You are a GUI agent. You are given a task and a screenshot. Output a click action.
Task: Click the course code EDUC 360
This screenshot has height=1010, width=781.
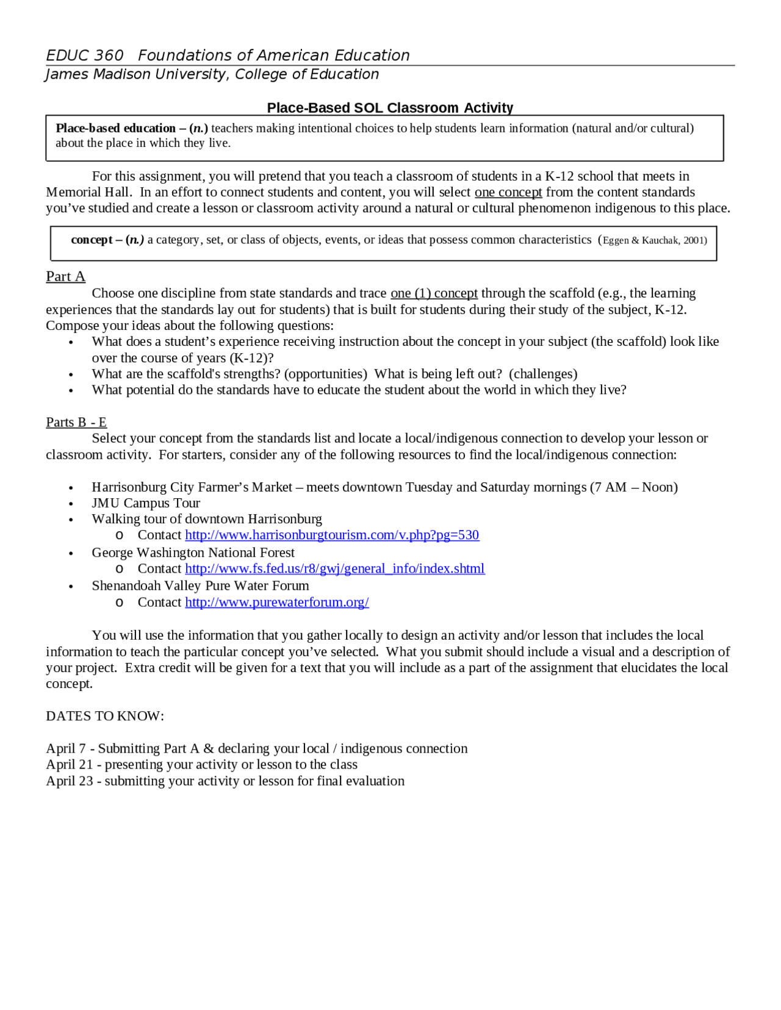(x=85, y=56)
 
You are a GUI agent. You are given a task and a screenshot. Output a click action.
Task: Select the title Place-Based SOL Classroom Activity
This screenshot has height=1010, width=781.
(x=390, y=108)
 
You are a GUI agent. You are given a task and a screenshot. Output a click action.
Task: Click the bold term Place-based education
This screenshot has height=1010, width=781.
(x=115, y=128)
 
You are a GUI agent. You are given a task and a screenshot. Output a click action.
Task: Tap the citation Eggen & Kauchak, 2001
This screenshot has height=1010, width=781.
(x=654, y=240)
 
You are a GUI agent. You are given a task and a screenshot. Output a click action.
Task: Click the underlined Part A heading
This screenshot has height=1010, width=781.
(x=65, y=276)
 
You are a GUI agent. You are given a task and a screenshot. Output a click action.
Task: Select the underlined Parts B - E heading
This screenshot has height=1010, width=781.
(x=76, y=422)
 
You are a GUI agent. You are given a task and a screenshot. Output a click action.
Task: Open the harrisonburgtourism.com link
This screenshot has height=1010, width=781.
(x=332, y=535)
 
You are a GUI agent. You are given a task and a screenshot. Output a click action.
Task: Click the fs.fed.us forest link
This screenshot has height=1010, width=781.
(x=335, y=568)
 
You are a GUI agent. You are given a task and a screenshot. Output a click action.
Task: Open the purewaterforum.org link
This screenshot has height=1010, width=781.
(x=277, y=602)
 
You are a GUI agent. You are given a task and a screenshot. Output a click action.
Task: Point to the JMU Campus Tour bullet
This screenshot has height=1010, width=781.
(x=146, y=503)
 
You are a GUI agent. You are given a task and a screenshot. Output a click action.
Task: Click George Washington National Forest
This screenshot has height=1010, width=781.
(x=193, y=553)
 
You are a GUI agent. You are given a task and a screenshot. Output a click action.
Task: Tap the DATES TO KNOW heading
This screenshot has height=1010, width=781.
(x=105, y=716)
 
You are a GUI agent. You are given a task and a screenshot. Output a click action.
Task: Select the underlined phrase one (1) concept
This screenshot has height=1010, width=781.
(x=434, y=293)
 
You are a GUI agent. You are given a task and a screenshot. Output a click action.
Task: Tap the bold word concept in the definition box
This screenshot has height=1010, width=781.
(x=92, y=240)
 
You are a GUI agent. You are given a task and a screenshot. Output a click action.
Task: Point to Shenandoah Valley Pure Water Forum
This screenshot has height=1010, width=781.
(x=200, y=586)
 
